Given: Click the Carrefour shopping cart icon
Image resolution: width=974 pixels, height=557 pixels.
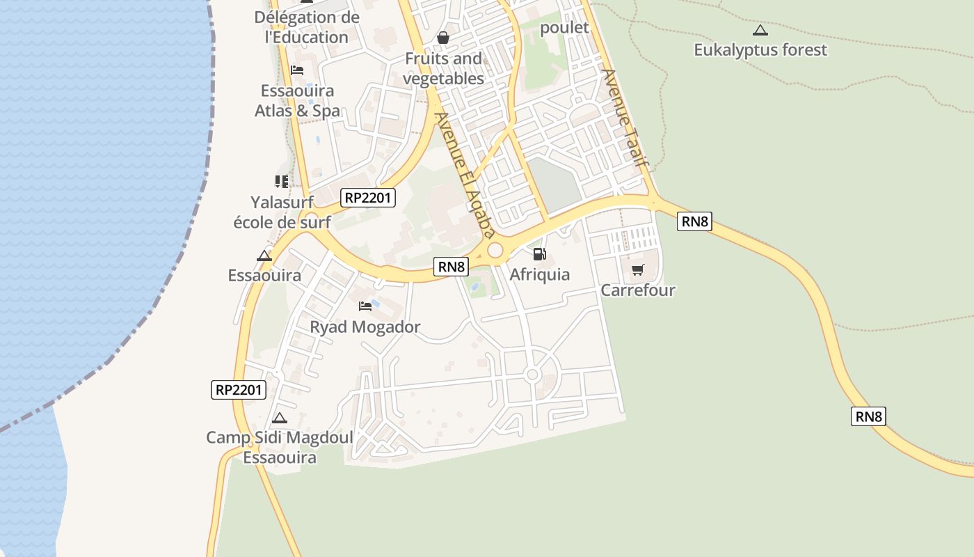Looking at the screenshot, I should point(637,269).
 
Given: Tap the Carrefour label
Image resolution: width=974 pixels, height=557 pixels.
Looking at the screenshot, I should point(638,290).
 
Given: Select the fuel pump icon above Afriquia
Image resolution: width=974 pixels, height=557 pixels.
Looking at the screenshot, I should point(540,255).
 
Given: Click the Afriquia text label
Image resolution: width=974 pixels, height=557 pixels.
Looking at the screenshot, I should point(540,274).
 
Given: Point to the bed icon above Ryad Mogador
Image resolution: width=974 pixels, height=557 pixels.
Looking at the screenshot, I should point(365,306).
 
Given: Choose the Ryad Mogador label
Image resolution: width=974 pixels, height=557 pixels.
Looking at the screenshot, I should point(365,327).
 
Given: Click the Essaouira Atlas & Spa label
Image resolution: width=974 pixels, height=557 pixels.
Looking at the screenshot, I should point(297,101).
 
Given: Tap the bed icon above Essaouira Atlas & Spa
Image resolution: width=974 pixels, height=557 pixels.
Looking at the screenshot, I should point(297,70).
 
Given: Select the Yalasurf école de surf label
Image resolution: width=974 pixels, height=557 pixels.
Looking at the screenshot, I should point(282,212).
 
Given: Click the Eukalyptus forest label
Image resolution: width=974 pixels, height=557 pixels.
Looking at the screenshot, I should point(760,50).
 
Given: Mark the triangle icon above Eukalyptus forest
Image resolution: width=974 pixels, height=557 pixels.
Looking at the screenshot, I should point(760,30).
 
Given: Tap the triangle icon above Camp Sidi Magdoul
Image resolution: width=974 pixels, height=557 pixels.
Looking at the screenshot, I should point(280,418).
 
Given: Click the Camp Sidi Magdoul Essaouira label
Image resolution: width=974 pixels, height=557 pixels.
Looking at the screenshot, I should point(280,448).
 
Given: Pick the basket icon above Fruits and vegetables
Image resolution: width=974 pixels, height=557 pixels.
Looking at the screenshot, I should point(443,38).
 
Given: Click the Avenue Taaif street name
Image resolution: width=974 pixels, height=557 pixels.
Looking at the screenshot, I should point(625,118).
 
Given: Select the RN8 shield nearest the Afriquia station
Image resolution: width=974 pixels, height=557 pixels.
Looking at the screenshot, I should point(451,266).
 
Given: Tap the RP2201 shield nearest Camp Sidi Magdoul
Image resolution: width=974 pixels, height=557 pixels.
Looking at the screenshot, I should point(238,390).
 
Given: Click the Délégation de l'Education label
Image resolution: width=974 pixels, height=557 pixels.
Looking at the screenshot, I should point(307,27).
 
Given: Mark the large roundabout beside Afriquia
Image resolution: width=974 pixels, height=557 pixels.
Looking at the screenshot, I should point(495,250).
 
